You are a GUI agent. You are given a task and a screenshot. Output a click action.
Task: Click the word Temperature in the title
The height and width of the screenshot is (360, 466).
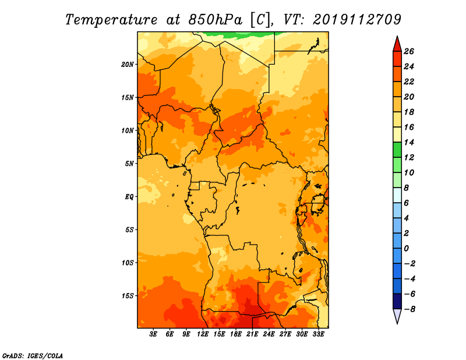point(111,20)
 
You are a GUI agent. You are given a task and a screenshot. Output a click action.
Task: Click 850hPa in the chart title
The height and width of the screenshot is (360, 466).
point(216,19)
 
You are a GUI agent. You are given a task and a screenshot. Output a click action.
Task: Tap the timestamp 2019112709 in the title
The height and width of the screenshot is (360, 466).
point(357,19)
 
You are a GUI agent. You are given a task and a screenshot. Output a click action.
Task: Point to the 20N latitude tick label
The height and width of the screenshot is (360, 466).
point(128,65)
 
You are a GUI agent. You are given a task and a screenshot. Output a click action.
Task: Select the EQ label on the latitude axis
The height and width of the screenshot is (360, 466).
point(129,197)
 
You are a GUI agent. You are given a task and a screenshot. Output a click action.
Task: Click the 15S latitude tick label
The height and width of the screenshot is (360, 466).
point(128,296)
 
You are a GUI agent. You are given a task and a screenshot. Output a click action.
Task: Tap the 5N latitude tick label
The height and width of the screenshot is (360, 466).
point(129,164)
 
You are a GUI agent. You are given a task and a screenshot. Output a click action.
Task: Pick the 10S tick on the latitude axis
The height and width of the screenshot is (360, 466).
point(128,263)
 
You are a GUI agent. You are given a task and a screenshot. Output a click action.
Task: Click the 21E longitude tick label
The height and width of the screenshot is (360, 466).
point(252,334)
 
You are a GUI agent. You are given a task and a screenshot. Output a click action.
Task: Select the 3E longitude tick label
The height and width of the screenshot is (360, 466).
point(153,334)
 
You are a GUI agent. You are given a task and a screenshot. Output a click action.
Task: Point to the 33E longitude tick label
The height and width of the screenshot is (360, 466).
point(318,334)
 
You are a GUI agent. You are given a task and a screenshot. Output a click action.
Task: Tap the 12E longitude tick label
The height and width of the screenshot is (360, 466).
point(203,334)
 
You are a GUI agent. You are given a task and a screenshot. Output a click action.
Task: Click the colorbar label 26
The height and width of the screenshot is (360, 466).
point(409,51)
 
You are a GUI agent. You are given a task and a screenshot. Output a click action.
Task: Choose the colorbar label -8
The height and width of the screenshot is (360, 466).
point(409,309)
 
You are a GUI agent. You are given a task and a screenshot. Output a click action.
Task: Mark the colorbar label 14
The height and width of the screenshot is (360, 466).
point(409,142)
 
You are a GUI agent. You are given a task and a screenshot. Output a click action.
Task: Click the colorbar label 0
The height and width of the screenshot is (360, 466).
point(406,249)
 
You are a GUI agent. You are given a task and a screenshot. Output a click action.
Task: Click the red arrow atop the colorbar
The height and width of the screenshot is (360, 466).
point(397,45)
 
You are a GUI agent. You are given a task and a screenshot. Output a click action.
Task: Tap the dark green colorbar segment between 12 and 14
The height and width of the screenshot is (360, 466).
point(397,150)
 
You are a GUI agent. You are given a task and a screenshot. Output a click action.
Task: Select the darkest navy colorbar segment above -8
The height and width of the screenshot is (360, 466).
point(397,301)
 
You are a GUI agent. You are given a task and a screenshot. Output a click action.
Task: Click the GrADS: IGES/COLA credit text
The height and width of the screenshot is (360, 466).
point(33,356)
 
